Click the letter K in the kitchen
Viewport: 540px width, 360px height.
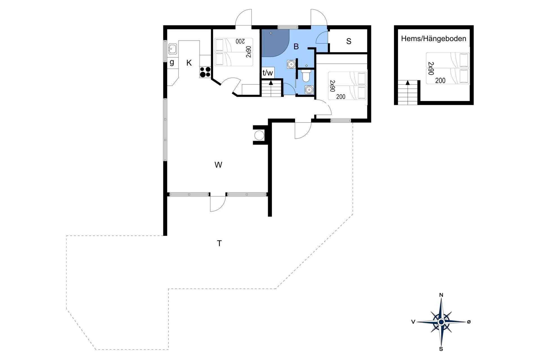pyautogui.click(x=189, y=63)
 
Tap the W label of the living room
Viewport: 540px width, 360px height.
pyautogui.click(x=219, y=165)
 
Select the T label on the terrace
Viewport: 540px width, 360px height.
pyautogui.click(x=219, y=243)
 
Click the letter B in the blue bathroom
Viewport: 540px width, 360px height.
pyautogui.click(x=296, y=46)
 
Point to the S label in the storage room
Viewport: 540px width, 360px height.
pyautogui.click(x=349, y=41)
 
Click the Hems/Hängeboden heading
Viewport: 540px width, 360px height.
pyautogui.click(x=434, y=39)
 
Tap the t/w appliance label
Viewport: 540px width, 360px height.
pyautogui.click(x=267, y=73)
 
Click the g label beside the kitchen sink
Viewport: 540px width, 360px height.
pyautogui.click(x=172, y=62)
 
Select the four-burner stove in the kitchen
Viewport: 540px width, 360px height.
pyautogui.click(x=205, y=72)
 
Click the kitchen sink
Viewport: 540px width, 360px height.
pyautogui.click(x=172, y=49)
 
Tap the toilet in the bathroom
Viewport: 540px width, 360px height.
pyautogui.click(x=306, y=76)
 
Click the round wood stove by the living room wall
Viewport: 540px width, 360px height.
pyautogui.click(x=259, y=135)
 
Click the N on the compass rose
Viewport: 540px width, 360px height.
pyautogui.click(x=441, y=295)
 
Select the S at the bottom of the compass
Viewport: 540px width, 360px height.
pyautogui.click(x=441, y=349)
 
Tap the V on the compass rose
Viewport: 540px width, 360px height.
pyautogui.click(x=413, y=322)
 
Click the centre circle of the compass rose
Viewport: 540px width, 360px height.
pyautogui.click(x=441, y=322)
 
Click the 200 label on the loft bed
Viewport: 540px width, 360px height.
pyautogui.click(x=440, y=81)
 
